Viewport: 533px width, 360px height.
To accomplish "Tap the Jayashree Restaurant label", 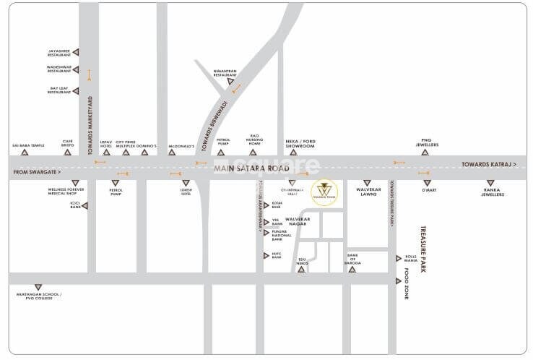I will tap(58, 51).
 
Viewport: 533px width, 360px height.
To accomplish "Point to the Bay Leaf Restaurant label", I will tap(58, 90).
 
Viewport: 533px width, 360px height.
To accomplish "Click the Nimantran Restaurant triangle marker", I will tap(230, 82).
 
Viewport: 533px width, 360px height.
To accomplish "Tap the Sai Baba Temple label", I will tap(29, 145).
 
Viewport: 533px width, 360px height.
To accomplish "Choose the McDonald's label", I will tap(182, 145).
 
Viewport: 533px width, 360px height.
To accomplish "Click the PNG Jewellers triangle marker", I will tap(425, 153).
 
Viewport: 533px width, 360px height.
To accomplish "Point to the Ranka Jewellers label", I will tap(493, 193).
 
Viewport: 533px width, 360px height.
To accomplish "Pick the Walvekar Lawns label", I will tap(368, 192).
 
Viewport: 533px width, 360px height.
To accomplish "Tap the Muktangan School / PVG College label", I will tap(40, 296).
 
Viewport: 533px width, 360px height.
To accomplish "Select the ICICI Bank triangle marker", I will tap(85, 206).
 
